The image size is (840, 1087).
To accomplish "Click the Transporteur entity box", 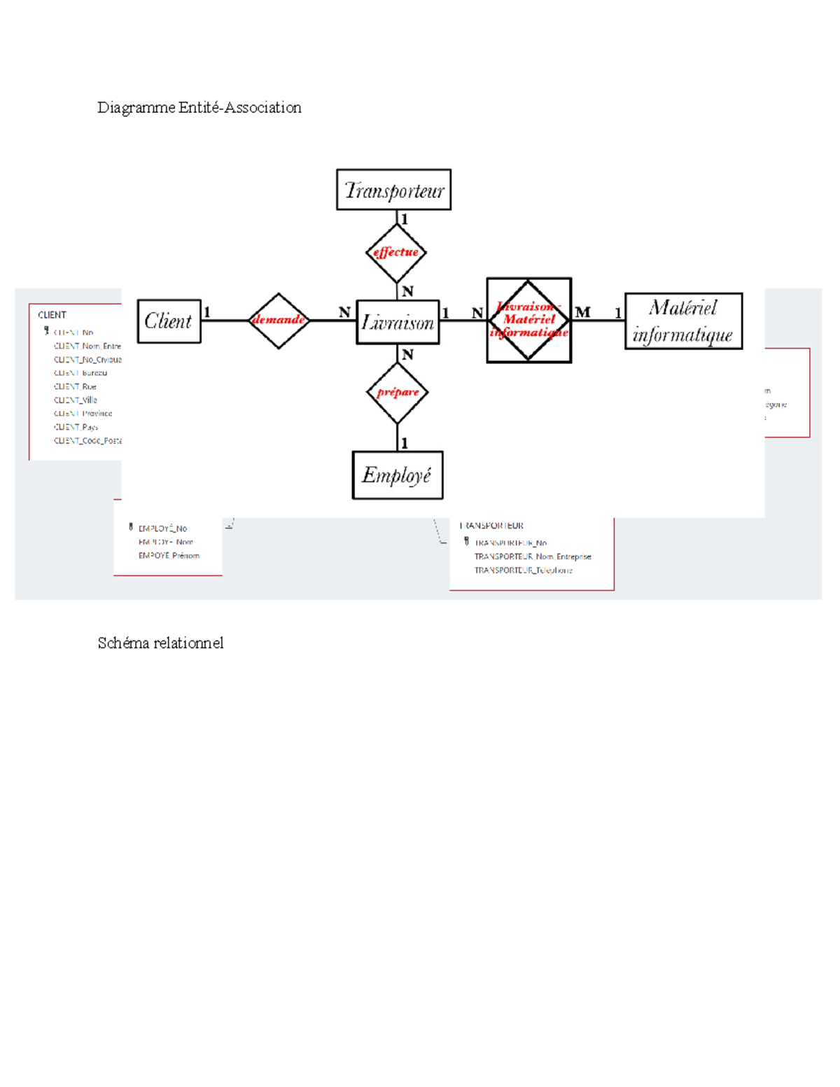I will tap(393, 190).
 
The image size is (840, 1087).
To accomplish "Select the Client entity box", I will tap(169, 321).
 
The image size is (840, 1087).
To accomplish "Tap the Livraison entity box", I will tap(398, 322).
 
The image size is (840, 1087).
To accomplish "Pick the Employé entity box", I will tap(397, 475).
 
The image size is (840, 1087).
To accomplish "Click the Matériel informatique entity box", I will tap(683, 321).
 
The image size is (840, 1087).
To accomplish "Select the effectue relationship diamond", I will tap(396, 253).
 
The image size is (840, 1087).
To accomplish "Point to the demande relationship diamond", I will tap(279, 321).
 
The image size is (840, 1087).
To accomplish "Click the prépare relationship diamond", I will tap(397, 393).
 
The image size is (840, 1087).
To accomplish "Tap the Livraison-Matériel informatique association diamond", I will tap(528, 320).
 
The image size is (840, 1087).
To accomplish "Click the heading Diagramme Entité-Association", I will tap(199, 108).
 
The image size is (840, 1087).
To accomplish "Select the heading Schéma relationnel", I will tap(160, 643).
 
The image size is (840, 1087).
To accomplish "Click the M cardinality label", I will tap(582, 312).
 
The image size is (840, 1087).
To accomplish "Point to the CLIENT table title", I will tap(52, 315).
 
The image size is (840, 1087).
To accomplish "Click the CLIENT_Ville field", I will tap(76, 400).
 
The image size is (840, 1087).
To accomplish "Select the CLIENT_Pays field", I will tap(76, 427).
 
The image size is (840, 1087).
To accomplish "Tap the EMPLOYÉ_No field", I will tap(162, 528).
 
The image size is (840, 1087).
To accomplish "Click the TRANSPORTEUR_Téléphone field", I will tap(523, 570).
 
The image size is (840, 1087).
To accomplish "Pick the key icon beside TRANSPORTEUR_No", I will tap(466, 542).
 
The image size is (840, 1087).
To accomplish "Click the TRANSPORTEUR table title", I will tap(491, 526).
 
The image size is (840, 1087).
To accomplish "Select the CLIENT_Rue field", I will tap(75, 386).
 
